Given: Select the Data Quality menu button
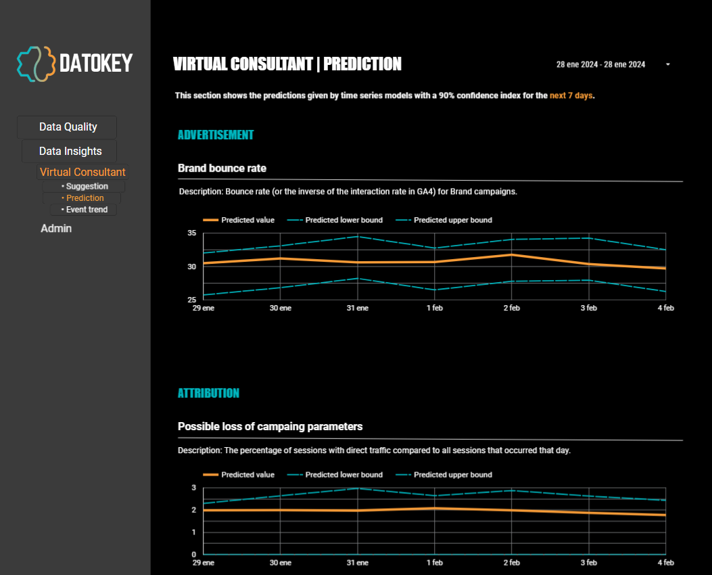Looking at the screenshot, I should [x=68, y=127].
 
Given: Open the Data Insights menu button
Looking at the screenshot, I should [x=70, y=152].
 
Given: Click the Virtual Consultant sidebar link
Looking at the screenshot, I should [x=82, y=172].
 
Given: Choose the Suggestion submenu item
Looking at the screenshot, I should [x=85, y=186].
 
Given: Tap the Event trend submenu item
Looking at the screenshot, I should [x=85, y=210].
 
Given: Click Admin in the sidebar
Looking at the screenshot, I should [x=56, y=229].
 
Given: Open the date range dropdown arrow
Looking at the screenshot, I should [x=667, y=64].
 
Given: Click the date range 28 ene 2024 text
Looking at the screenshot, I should [x=600, y=64].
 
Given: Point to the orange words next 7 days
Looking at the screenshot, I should [x=571, y=95].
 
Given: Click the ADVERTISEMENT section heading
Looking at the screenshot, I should [x=215, y=135].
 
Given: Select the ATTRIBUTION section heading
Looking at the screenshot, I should [x=208, y=393].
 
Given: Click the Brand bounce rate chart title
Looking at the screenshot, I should [x=222, y=168].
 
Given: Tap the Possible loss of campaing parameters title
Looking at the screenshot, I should [x=270, y=426].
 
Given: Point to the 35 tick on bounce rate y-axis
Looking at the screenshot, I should [x=191, y=233].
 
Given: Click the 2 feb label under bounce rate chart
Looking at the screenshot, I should [x=511, y=308].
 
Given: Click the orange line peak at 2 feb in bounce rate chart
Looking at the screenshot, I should [x=511, y=254].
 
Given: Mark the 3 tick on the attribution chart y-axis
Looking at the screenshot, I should [x=193, y=488].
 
